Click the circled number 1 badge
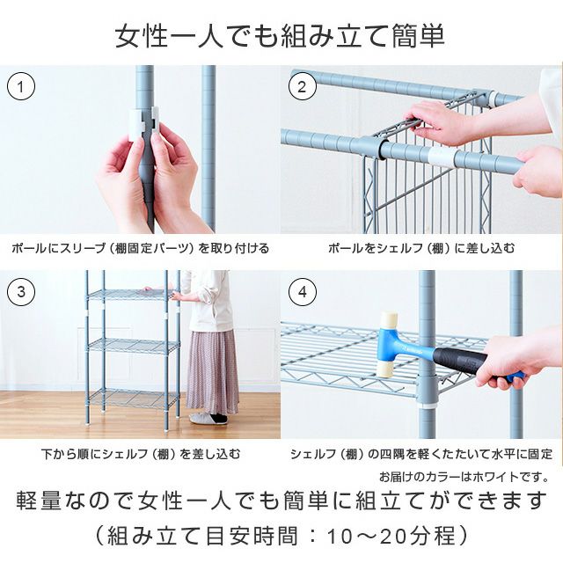21,87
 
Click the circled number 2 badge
303,87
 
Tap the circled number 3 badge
21,292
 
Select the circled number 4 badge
303,292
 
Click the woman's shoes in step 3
208,418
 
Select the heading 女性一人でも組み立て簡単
281,36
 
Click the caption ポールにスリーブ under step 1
141,249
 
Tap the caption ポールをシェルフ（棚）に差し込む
421,249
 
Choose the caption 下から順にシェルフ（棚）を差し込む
141,455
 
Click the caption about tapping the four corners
421,455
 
